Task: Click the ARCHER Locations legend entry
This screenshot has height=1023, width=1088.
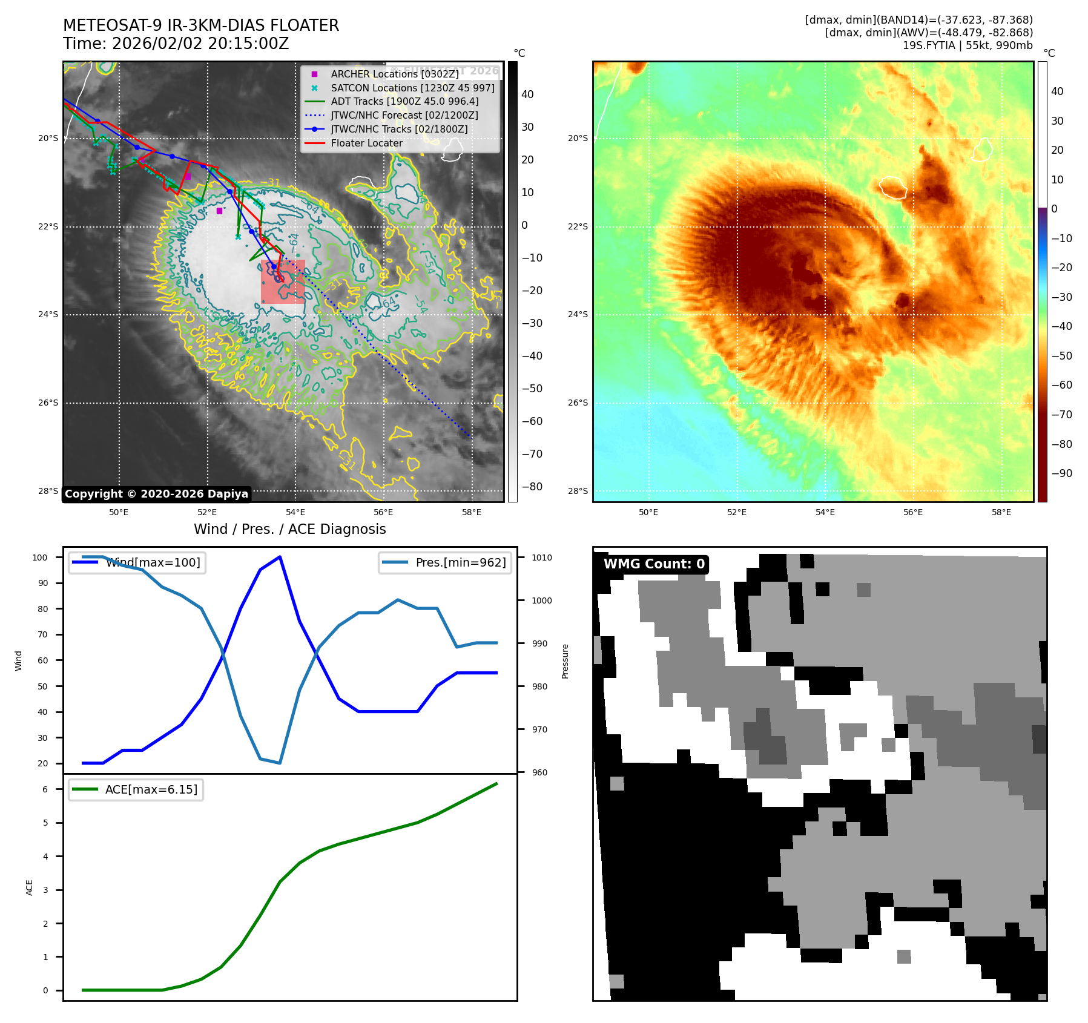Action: pyautogui.click(x=394, y=74)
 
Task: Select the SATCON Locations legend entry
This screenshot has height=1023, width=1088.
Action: pyautogui.click(x=412, y=88)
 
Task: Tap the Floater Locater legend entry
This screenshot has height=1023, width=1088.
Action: pyautogui.click(x=366, y=143)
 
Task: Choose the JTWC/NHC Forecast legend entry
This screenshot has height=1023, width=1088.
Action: pyautogui.click(x=404, y=115)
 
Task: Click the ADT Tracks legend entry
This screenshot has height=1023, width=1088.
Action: pyautogui.click(x=404, y=102)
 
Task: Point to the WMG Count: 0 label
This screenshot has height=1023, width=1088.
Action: pyautogui.click(x=654, y=564)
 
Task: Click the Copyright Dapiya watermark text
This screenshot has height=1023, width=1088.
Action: pyautogui.click(x=156, y=494)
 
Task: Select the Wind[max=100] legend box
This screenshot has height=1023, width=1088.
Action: pyautogui.click(x=137, y=562)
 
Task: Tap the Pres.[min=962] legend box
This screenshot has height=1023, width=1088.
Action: pyautogui.click(x=445, y=562)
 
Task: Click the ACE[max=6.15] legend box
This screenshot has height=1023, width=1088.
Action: pyautogui.click(x=136, y=790)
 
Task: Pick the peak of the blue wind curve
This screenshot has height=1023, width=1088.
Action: pyautogui.click(x=280, y=557)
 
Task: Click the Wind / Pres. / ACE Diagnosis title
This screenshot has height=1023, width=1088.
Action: pyautogui.click(x=289, y=529)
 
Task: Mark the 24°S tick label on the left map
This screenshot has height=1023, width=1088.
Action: pyautogui.click(x=48, y=315)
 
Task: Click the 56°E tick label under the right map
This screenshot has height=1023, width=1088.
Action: pyautogui.click(x=913, y=513)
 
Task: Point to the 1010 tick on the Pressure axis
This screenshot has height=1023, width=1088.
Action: pyautogui.click(x=542, y=558)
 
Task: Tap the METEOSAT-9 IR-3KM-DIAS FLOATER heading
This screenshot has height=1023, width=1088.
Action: pyautogui.click(x=201, y=25)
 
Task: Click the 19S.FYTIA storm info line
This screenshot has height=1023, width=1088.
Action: pyautogui.click(x=967, y=45)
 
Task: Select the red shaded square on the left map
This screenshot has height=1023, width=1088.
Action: pyautogui.click(x=283, y=281)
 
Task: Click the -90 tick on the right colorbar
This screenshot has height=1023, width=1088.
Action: pyautogui.click(x=1061, y=473)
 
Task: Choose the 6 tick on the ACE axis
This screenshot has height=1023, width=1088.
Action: pyautogui.click(x=45, y=789)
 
